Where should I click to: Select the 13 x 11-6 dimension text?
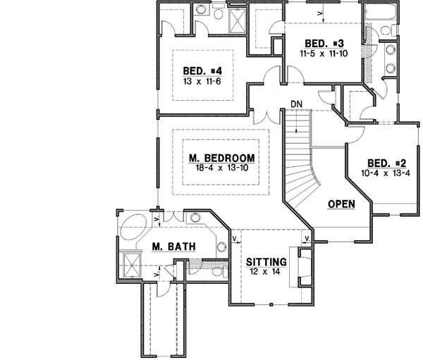coord(202,82)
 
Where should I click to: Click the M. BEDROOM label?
coord(221,157)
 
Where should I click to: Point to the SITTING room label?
coord(266,260)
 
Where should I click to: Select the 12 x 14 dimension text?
coord(266,271)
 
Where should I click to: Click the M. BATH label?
coord(173,247)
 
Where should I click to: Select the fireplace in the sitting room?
coord(305,270)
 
